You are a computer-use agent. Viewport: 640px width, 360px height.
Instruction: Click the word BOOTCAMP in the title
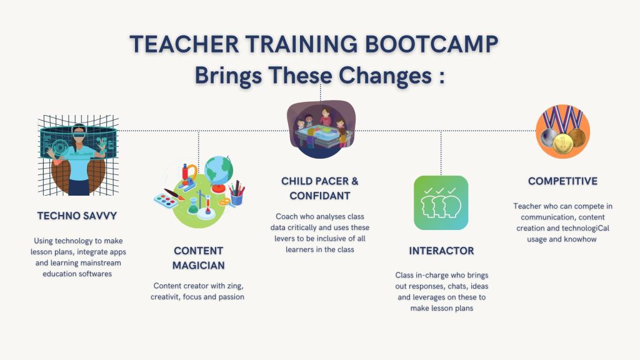(431, 44)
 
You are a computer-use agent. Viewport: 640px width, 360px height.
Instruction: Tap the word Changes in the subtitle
(385, 76)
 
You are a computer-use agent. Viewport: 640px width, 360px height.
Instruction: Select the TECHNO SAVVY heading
(77, 216)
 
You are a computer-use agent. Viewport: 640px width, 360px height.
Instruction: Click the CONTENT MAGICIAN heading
(198, 258)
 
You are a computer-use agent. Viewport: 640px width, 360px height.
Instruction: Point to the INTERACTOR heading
(441, 251)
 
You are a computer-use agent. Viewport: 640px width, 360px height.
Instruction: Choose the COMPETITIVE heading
(562, 181)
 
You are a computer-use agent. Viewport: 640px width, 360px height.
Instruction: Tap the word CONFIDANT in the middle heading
(320, 196)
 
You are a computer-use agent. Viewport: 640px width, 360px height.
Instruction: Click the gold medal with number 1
(563, 143)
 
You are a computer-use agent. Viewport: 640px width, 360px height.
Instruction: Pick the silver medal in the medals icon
(547, 138)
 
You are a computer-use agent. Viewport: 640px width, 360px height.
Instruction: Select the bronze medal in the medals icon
(577, 137)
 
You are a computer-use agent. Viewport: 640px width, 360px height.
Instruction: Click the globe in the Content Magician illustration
(219, 171)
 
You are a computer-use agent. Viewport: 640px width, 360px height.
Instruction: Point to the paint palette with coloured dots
(166, 201)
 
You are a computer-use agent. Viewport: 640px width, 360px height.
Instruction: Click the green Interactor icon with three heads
(441, 203)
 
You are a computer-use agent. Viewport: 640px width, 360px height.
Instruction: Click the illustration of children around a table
(321, 129)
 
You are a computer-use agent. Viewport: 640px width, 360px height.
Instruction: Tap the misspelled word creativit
(165, 297)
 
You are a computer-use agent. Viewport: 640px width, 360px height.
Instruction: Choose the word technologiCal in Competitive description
(586, 228)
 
